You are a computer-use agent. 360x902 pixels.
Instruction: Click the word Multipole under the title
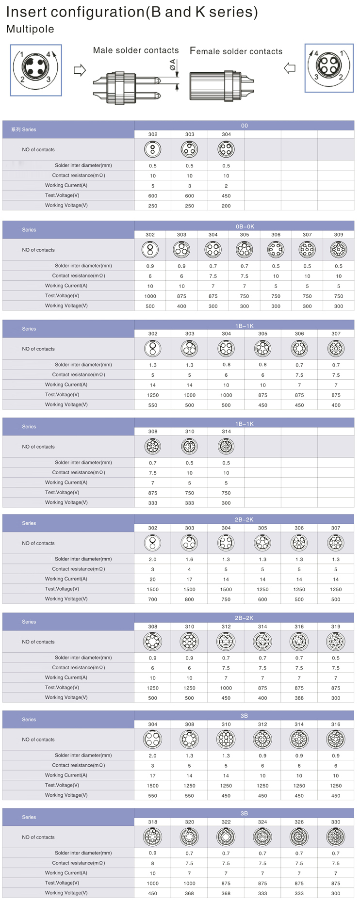click(x=30, y=29)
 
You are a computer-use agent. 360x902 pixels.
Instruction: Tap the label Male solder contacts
click(x=136, y=50)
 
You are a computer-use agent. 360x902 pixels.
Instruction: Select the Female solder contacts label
click(x=236, y=51)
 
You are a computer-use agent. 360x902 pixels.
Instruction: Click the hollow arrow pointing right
click(x=80, y=70)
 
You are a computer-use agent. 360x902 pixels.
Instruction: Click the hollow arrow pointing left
click(x=290, y=68)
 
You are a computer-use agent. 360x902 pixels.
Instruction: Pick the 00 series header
click(x=244, y=126)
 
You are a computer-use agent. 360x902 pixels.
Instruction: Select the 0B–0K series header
click(x=244, y=226)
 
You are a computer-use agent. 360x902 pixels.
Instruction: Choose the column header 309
click(x=338, y=235)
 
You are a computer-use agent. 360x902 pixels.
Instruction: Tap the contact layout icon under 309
click(x=338, y=250)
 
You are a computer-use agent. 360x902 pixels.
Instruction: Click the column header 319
click(x=336, y=627)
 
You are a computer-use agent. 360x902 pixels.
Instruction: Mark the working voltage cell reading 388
click(x=299, y=698)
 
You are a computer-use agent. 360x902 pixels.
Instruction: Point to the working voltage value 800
click(x=189, y=599)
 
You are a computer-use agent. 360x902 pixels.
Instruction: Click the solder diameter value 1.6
click(x=189, y=559)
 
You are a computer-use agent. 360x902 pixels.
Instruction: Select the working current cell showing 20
click(x=152, y=579)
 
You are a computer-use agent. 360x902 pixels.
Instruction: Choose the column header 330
click(x=336, y=822)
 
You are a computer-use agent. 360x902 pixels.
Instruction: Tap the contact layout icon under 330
click(x=336, y=837)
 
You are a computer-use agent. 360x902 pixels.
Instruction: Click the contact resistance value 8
click(x=152, y=863)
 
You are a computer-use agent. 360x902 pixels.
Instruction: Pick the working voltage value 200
click(x=226, y=206)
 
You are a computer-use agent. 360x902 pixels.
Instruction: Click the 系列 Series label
click(x=24, y=129)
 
